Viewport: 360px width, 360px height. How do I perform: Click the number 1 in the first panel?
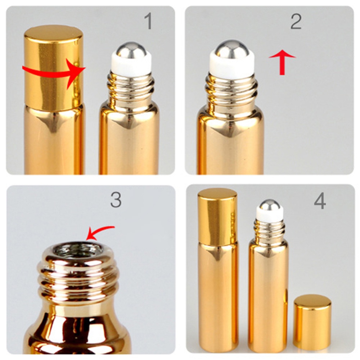pyautogui.click(x=148, y=22)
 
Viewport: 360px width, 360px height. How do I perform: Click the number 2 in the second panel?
pyautogui.click(x=296, y=22)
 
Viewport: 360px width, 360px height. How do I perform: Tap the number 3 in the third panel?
pyautogui.click(x=116, y=200)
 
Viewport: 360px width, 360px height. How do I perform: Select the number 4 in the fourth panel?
pyautogui.click(x=320, y=202)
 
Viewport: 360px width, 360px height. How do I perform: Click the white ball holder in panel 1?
pyautogui.click(x=131, y=67)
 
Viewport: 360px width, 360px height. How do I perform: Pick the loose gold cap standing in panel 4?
pyautogui.click(x=312, y=322)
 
